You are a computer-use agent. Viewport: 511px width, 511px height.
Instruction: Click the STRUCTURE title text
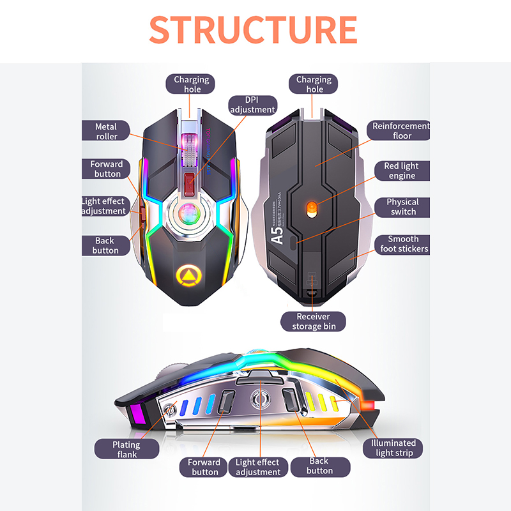(x=253, y=29)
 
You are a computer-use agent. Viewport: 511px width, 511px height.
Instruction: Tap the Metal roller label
(x=107, y=131)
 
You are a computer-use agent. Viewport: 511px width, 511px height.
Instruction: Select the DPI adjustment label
(x=252, y=105)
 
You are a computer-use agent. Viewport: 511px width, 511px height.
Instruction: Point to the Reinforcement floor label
(x=401, y=130)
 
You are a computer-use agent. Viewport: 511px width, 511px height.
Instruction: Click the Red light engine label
(x=401, y=171)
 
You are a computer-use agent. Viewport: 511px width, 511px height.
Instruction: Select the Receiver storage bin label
(x=313, y=321)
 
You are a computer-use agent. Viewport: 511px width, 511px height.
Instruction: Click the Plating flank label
(x=127, y=449)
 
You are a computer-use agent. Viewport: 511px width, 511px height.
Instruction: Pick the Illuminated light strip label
(x=393, y=448)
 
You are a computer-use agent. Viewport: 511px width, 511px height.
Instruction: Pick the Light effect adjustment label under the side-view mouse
(x=257, y=467)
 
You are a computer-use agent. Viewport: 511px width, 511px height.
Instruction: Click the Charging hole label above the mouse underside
(x=314, y=84)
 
